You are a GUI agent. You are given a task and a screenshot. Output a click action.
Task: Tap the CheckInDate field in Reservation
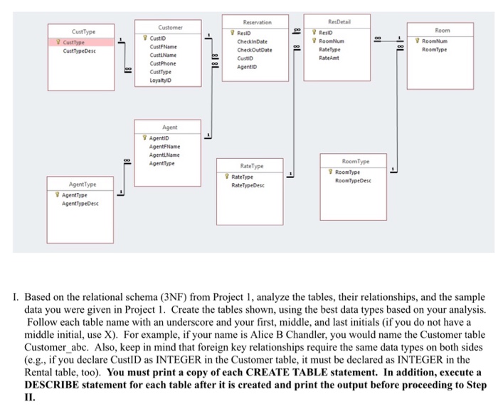(252, 41)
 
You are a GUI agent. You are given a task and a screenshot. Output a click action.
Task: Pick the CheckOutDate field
(254, 50)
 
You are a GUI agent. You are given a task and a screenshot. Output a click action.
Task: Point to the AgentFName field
(164, 145)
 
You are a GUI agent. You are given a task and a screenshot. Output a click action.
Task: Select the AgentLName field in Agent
(164, 154)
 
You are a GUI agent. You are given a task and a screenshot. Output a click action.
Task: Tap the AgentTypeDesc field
(80, 203)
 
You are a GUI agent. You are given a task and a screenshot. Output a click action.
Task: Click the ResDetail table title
(340, 22)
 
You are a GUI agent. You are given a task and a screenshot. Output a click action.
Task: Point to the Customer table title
(170, 27)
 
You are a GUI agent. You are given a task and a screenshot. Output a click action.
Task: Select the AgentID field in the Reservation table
(248, 68)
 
